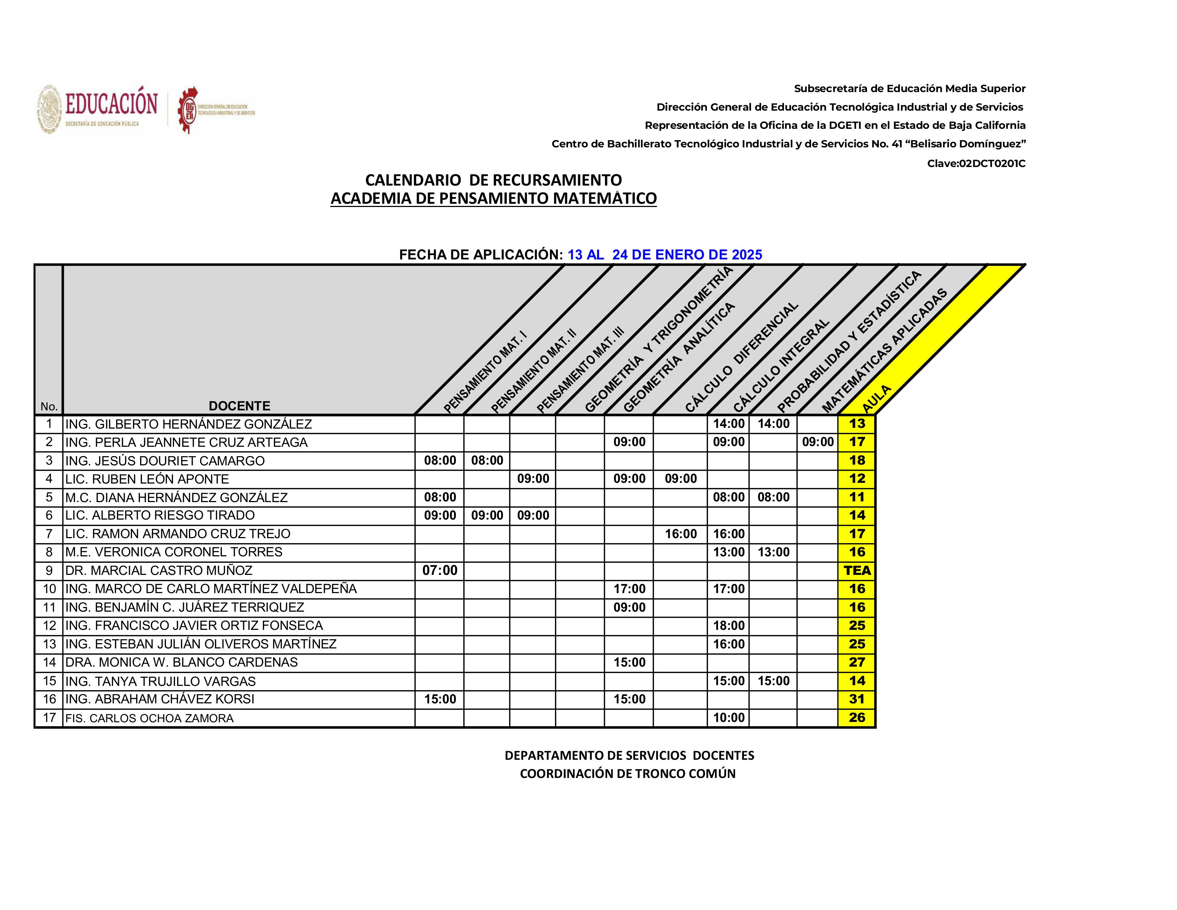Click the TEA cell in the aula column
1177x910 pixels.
tap(857, 570)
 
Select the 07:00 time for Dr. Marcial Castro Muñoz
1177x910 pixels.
tap(440, 570)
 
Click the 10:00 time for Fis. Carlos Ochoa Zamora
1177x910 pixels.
tap(729, 718)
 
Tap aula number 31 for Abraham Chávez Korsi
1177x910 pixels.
tap(857, 699)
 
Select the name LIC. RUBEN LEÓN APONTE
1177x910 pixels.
tap(147, 479)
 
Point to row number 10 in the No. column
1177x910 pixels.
tap(49, 589)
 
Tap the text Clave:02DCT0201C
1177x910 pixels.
tap(976, 163)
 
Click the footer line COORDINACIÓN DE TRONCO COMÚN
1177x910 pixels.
tap(627, 774)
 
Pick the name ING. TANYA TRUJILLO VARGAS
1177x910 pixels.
tap(160, 681)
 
